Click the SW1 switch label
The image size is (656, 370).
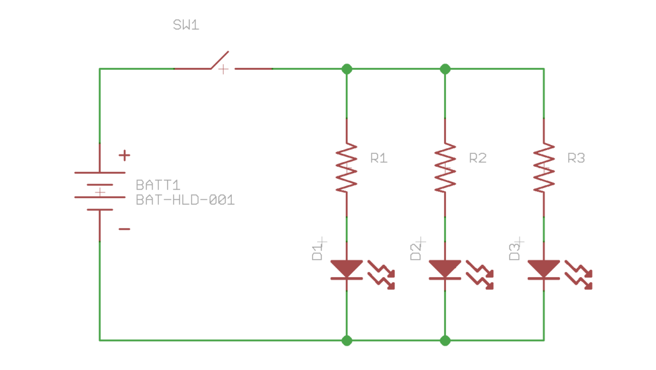point(186,26)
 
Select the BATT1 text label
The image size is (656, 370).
point(158,185)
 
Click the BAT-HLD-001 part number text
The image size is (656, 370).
point(185,200)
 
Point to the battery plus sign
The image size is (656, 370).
point(124,155)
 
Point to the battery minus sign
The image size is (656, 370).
point(124,229)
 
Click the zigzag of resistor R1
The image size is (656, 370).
point(347,168)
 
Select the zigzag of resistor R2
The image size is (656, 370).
point(445,168)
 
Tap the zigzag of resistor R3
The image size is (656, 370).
point(544,168)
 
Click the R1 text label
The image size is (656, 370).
point(379,158)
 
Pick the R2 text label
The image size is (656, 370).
point(477,158)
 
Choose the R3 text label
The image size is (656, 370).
point(576,158)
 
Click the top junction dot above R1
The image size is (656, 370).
point(347,69)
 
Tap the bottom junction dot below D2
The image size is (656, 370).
point(445,340)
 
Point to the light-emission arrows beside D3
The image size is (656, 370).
point(578,275)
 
